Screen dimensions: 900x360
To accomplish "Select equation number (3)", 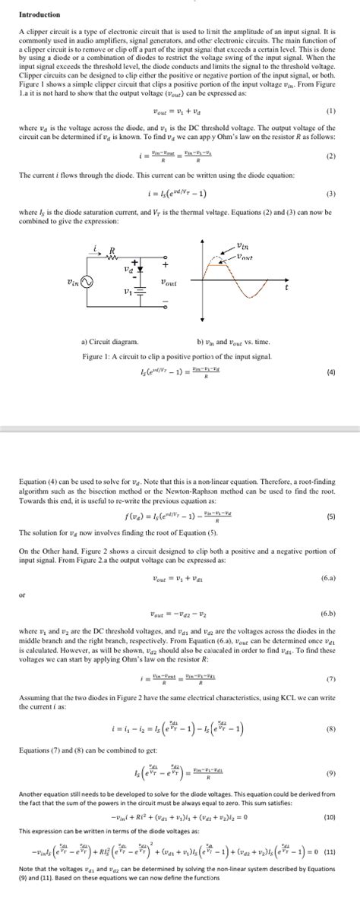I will click(330, 193).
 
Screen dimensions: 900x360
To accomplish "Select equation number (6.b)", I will click(327, 612).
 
